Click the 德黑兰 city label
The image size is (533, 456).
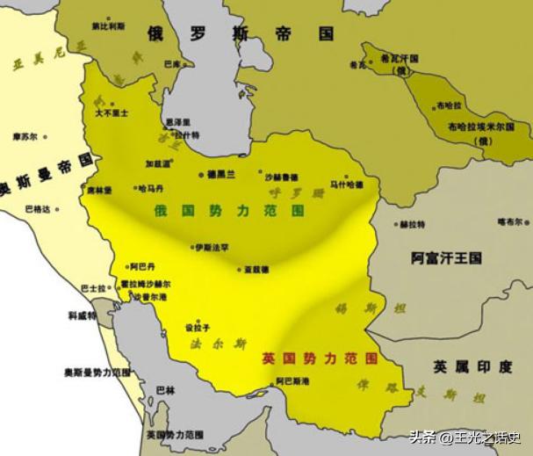coord(221,175)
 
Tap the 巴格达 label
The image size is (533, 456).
coord(37,209)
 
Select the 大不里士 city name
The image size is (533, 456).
coord(112,113)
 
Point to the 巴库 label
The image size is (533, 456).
coord(173,64)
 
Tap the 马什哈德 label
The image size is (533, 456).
coord(346,185)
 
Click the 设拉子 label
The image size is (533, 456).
coord(197,327)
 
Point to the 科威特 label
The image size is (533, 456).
coord(83,315)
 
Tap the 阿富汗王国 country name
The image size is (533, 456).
coord(446,258)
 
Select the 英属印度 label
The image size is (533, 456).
coord(472,366)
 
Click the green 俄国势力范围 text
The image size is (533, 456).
coord(229,212)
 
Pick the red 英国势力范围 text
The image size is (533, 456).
coord(320,359)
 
